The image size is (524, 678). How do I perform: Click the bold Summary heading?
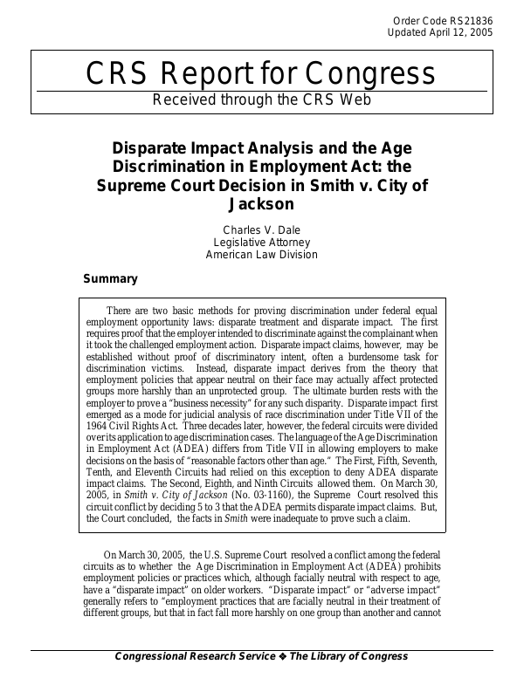(110, 279)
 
